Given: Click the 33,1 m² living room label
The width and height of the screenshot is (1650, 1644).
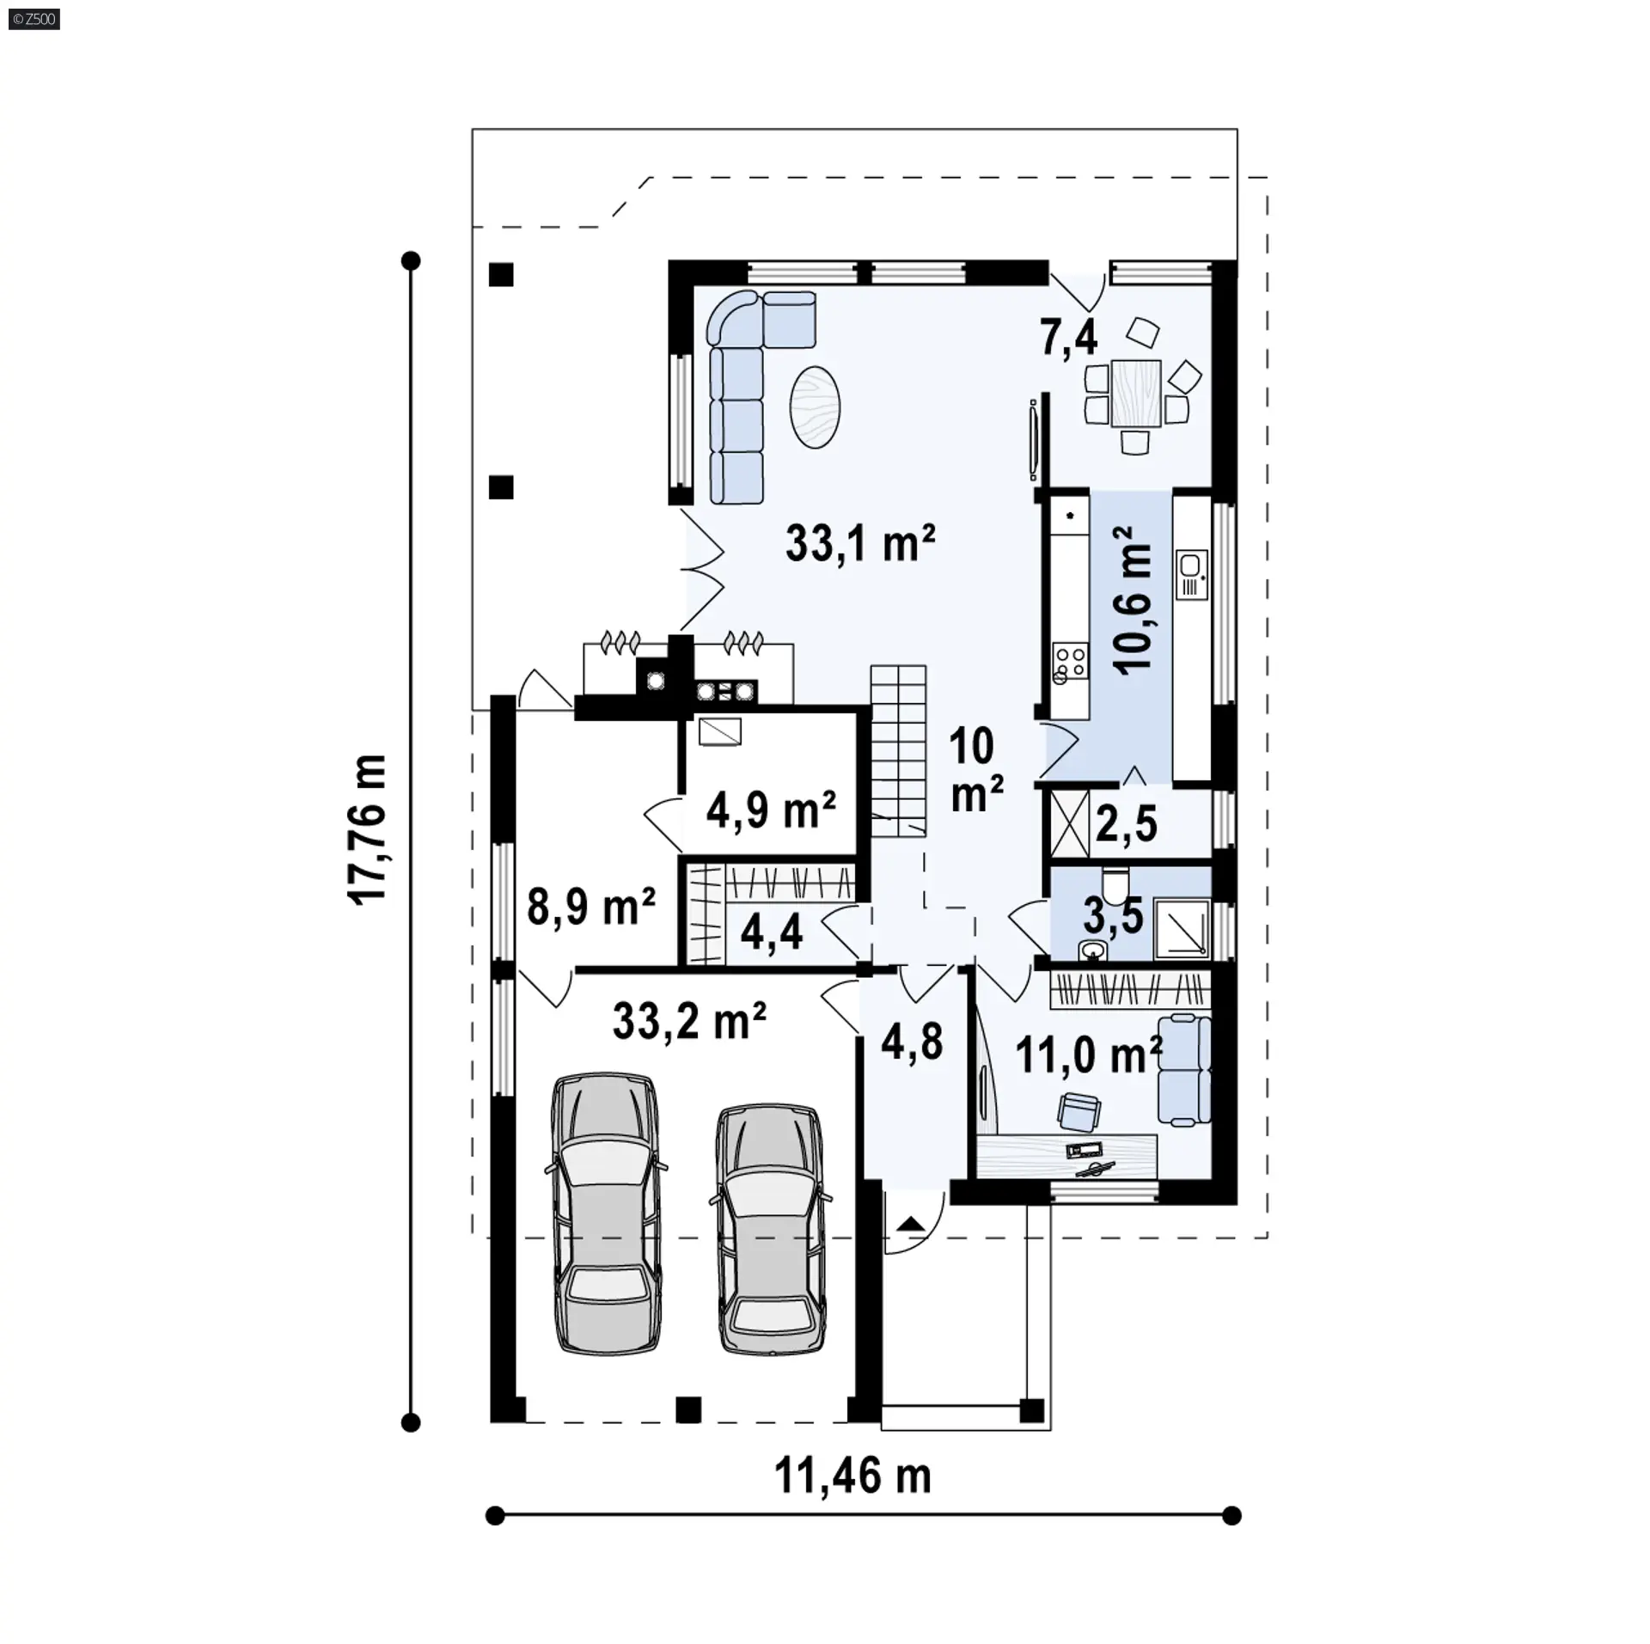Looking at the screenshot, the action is click(x=860, y=544).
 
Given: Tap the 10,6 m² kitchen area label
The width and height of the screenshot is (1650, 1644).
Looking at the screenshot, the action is click(x=1132, y=601).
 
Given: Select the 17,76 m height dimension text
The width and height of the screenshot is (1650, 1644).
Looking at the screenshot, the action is click(x=367, y=828).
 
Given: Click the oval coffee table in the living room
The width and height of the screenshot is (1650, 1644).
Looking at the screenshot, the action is click(x=814, y=406).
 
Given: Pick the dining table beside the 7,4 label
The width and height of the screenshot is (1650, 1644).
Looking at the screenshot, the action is click(x=1135, y=394).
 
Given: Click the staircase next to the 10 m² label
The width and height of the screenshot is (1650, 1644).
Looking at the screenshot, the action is click(x=898, y=750).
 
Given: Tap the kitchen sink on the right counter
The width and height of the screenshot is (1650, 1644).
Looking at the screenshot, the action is click(x=1191, y=574).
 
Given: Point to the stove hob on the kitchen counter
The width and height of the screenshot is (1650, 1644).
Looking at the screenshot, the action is click(x=1071, y=664).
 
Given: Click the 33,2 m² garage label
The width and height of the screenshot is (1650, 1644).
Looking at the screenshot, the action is click(x=689, y=1021).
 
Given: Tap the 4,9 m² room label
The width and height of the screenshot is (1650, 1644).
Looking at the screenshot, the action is click(x=771, y=809).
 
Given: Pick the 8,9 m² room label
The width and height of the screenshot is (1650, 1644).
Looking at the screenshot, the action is click(x=591, y=906).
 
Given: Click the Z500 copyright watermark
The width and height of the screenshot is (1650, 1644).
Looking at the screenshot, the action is click(x=34, y=18).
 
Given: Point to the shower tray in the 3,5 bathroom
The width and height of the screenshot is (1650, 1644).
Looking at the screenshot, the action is click(x=1182, y=928).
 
